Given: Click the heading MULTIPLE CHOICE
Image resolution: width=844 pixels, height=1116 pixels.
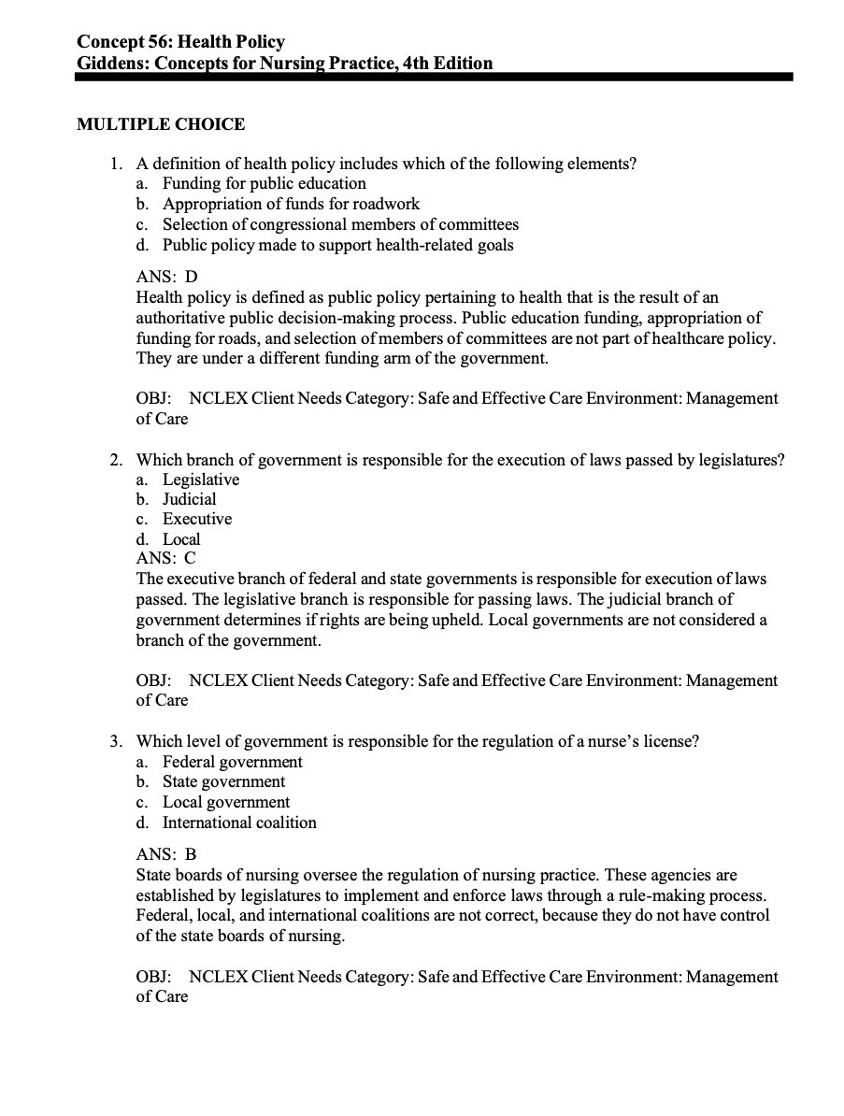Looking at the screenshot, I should click(x=161, y=124).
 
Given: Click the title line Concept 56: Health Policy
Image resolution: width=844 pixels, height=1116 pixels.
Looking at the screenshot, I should click(x=180, y=42).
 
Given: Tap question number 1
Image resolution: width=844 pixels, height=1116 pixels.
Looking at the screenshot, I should click(x=114, y=164).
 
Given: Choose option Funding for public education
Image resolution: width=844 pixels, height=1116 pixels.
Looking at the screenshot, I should click(x=264, y=183).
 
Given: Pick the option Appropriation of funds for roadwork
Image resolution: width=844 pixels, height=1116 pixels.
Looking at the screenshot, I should click(x=291, y=204).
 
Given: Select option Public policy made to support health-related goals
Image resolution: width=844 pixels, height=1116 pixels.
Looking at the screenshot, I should click(x=337, y=245).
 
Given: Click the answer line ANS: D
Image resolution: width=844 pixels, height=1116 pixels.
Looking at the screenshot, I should click(x=167, y=277).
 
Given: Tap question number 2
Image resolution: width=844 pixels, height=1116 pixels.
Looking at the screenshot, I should click(x=114, y=460).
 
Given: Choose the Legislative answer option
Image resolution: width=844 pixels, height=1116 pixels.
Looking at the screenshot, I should click(x=201, y=479).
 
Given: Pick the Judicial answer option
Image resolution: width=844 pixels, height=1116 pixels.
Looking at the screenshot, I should click(x=190, y=499).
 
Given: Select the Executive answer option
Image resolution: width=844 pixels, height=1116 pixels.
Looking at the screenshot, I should click(x=197, y=519).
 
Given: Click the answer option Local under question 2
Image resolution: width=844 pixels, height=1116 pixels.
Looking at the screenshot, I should click(x=181, y=539).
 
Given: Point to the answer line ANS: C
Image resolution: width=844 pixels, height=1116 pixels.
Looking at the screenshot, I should click(x=166, y=558).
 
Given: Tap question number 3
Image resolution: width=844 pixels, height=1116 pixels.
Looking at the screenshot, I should click(x=114, y=741).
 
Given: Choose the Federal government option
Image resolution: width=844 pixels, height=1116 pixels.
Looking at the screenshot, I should click(x=233, y=762).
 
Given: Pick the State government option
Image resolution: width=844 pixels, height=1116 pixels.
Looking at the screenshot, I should click(x=224, y=781).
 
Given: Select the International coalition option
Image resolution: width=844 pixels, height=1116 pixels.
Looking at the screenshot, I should click(x=239, y=823).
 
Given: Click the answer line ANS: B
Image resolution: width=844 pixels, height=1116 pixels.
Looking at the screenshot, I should click(x=166, y=854).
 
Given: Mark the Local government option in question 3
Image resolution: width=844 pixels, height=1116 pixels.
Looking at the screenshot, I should click(x=226, y=802).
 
